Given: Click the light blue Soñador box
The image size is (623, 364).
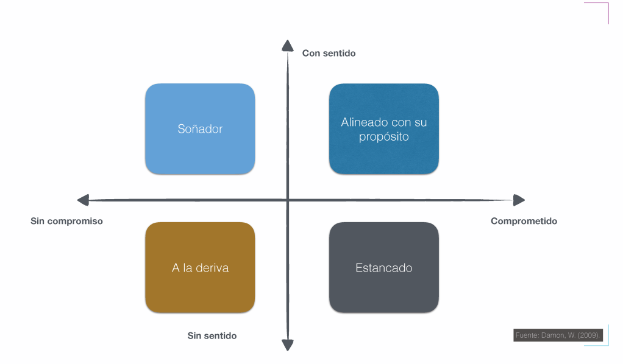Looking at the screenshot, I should tap(200, 129).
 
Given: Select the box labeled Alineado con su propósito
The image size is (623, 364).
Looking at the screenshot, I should tap(384, 129).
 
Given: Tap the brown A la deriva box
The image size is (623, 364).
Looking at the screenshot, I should tap(200, 268).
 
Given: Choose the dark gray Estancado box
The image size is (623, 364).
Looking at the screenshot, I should tap(384, 268).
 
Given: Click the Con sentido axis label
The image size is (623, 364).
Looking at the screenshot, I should tap(329, 54).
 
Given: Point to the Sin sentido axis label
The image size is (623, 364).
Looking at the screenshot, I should tap(212, 336).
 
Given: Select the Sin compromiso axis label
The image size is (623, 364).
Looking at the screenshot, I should tap(67, 222).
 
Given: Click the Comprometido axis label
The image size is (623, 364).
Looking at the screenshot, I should tap(524, 222).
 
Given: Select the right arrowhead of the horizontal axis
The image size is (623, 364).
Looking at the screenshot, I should tap(519, 200).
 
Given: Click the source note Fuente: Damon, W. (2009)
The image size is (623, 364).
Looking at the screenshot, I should tap(558, 335).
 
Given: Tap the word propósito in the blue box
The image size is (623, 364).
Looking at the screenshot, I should tap(384, 137).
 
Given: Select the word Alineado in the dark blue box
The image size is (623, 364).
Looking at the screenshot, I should tap(363, 122).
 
